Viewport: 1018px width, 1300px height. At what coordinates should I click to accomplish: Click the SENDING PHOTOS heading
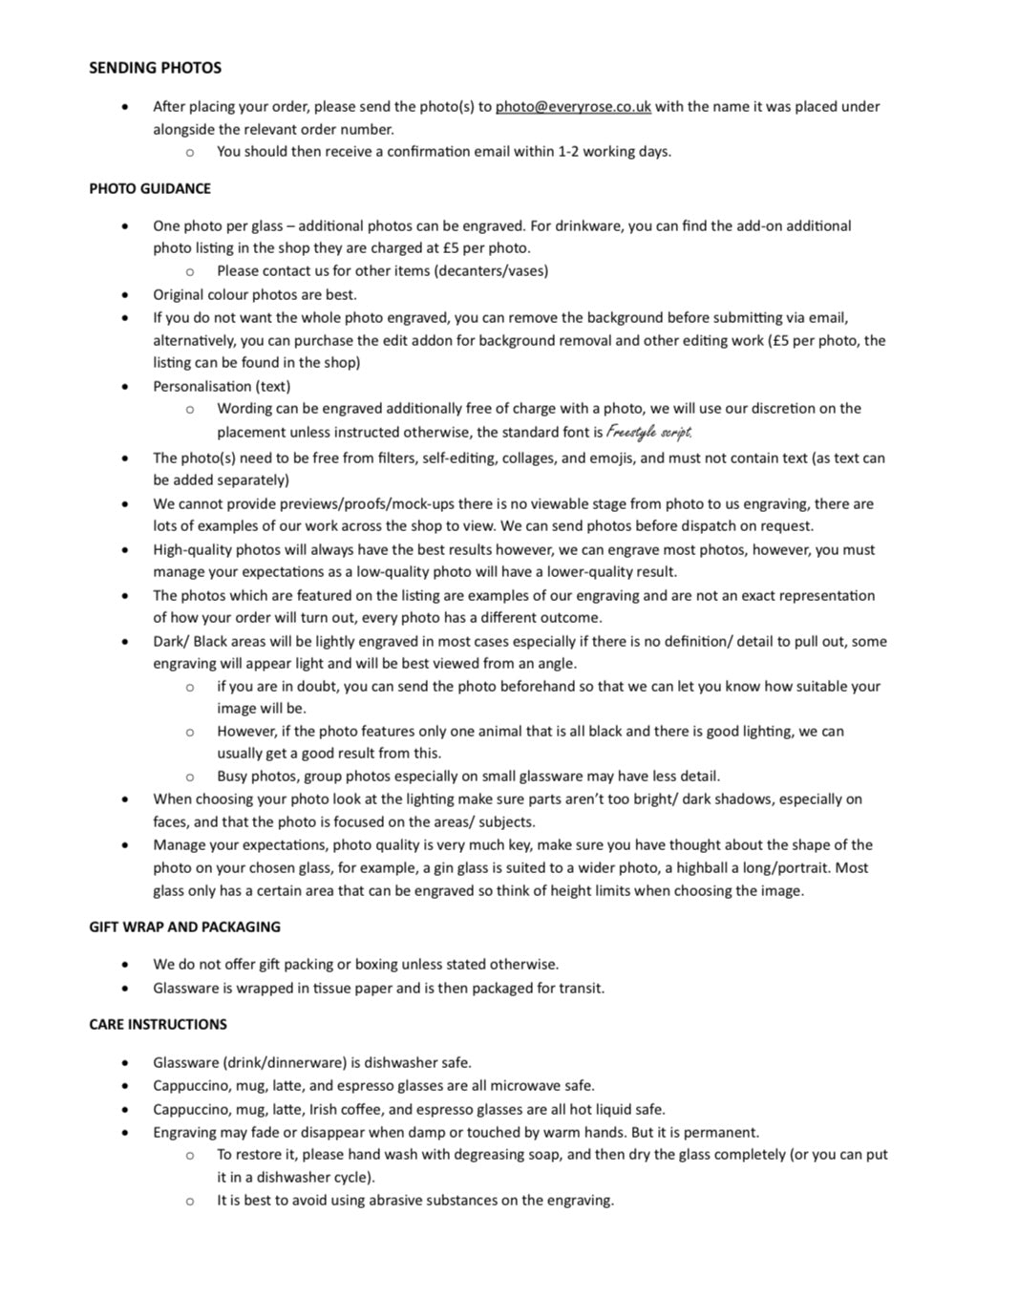tap(155, 68)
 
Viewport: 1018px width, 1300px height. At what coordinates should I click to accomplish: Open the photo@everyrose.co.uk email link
tap(573, 107)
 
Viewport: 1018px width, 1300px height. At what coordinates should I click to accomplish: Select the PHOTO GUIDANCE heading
tap(150, 189)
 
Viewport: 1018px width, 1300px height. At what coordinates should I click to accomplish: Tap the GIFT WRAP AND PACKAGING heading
tap(184, 927)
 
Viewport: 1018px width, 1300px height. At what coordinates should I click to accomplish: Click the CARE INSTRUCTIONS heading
tap(158, 1025)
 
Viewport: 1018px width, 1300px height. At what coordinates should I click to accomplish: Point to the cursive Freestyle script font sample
tap(649, 432)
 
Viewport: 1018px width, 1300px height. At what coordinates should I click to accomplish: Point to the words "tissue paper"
tap(352, 989)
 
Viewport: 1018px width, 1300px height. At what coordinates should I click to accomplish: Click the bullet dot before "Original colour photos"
tap(125, 295)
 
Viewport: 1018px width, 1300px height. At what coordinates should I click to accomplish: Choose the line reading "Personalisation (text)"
tap(222, 387)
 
